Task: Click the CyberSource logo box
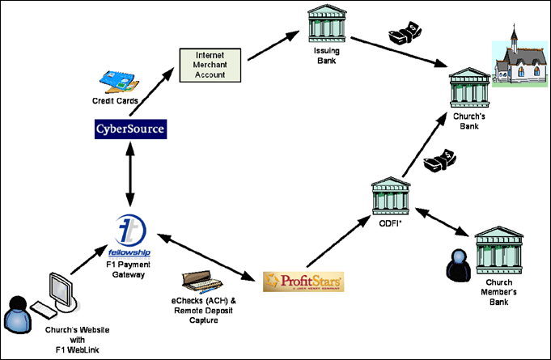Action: [x=130, y=129]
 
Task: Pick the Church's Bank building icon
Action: [x=471, y=87]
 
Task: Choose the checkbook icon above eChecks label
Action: [x=201, y=278]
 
